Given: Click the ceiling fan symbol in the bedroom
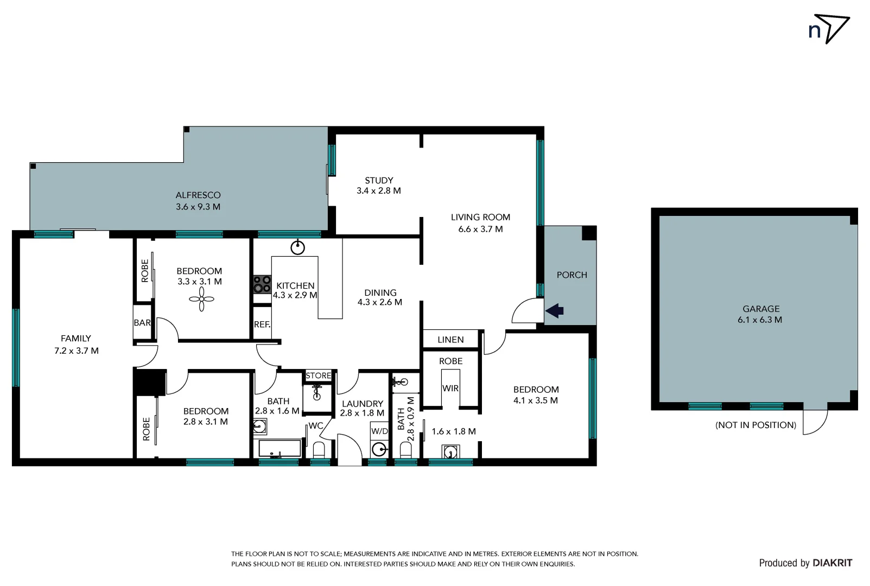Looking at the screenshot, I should (x=201, y=299).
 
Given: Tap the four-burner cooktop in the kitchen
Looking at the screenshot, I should (x=262, y=284).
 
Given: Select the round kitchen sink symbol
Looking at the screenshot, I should (x=297, y=248).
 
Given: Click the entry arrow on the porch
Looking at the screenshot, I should (x=555, y=311).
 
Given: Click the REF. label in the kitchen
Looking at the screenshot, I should (x=262, y=324).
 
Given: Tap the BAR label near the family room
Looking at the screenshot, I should (x=142, y=323).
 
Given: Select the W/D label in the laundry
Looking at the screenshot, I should (x=379, y=431).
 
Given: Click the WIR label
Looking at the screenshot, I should (x=450, y=388).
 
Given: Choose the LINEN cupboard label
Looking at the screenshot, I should (x=450, y=340).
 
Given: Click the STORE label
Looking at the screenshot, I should (x=318, y=375).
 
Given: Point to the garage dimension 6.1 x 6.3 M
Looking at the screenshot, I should (x=759, y=320).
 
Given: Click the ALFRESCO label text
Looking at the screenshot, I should (x=198, y=195).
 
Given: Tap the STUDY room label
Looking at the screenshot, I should (x=379, y=181).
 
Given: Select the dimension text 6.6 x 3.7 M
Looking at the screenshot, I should (x=480, y=229).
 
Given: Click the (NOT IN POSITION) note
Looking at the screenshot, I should (x=755, y=425).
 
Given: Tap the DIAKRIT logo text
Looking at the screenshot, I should (x=832, y=563).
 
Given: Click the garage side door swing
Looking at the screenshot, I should (x=815, y=421).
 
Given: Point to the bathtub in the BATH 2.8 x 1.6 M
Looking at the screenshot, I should (x=280, y=449).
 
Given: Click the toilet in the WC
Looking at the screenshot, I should (x=319, y=450).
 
